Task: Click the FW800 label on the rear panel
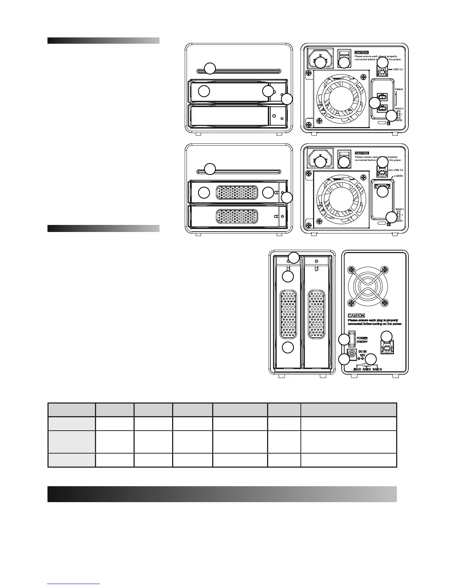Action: pyautogui.click(x=399, y=89)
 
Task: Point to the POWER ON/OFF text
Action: pyautogui.click(x=362, y=340)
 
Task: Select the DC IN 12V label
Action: pyautogui.click(x=362, y=353)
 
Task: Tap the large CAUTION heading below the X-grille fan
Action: pyautogui.click(x=356, y=315)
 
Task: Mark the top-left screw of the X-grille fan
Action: pyautogui.click(x=350, y=269)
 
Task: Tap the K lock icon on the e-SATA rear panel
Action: pyautogui.click(x=388, y=224)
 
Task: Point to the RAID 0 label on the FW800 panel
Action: pyautogui.click(x=399, y=109)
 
